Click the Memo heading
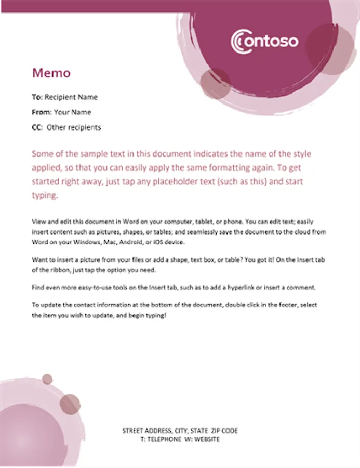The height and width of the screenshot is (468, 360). pos(51,73)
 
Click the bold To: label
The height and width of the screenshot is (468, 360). pos(37,97)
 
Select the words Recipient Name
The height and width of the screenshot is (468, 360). pos(71,97)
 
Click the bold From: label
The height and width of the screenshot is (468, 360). pos(42,112)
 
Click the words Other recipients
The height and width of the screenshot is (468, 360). pos(74,127)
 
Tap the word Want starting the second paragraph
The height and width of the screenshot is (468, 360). pos(39,259)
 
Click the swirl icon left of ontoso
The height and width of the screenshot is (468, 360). pos(239,41)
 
